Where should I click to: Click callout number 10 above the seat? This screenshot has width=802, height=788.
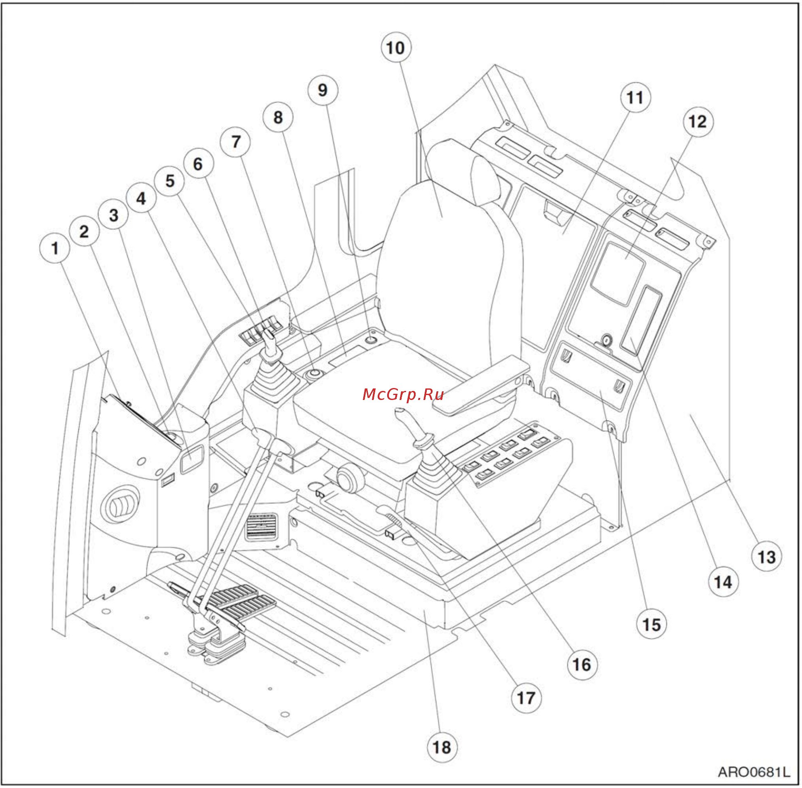(x=396, y=47)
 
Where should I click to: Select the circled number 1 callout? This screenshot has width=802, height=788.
(x=55, y=248)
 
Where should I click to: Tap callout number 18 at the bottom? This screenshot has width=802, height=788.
(x=442, y=748)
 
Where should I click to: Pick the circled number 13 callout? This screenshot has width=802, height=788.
(x=767, y=557)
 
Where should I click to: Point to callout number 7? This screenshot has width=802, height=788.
(x=235, y=142)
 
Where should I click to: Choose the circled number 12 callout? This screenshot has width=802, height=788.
(x=698, y=122)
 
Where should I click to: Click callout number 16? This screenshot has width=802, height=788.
(x=582, y=665)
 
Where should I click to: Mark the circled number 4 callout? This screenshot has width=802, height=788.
(x=141, y=198)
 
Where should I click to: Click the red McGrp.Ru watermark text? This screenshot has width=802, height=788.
(x=403, y=395)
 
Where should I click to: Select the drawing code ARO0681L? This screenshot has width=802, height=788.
(x=754, y=772)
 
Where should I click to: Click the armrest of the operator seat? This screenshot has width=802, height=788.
(x=480, y=385)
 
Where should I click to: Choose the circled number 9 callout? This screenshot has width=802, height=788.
(x=323, y=90)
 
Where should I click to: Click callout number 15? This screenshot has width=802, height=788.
(x=652, y=624)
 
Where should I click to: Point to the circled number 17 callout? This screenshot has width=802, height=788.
(x=526, y=698)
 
